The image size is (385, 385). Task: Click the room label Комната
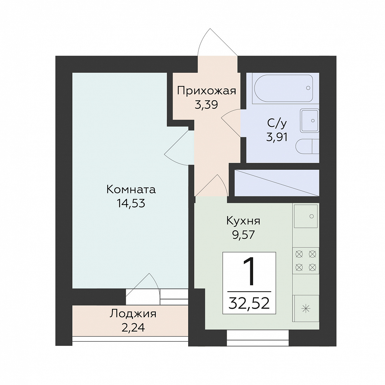pos(131,190)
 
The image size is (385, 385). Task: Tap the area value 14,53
pos(131,204)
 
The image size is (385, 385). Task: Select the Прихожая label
pos(206,91)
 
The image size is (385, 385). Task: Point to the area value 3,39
pos(206,105)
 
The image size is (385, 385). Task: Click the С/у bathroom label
pos(277,123)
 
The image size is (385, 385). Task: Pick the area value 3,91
pos(277,137)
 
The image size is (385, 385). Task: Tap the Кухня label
pos(243,221)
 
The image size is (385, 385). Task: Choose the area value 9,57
pos(243,235)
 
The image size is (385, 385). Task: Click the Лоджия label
pos(133,314)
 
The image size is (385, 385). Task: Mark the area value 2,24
pos(133,328)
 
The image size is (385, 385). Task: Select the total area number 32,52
pos(249,303)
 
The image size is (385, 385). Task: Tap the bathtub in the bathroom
pos(283,88)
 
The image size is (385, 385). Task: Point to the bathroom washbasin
pos(310,120)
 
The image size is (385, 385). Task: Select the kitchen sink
pos(306,216)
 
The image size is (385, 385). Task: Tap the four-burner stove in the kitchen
pos(306,261)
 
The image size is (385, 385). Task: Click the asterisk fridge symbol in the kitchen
pos(306,308)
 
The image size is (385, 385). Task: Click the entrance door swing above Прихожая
pos(217,42)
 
